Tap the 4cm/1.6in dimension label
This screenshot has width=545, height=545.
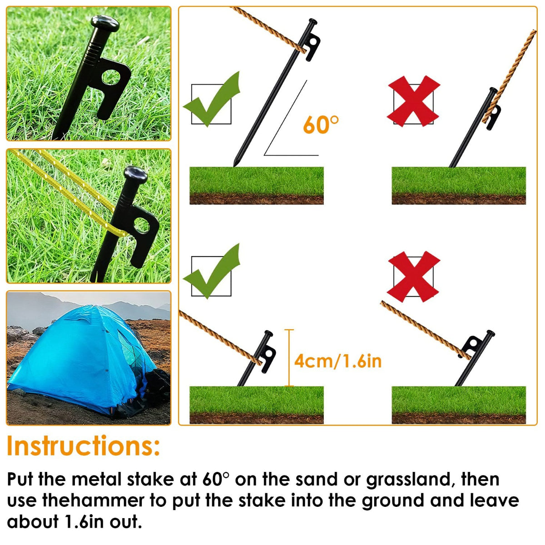[x=337, y=361]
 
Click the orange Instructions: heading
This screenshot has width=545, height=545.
[x=84, y=446]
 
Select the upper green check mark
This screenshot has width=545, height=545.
[x=212, y=99]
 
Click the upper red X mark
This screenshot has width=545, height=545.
[x=413, y=101]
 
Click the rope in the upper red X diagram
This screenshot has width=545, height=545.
[x=513, y=73]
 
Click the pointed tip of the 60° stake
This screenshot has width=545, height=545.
[x=235, y=164]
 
